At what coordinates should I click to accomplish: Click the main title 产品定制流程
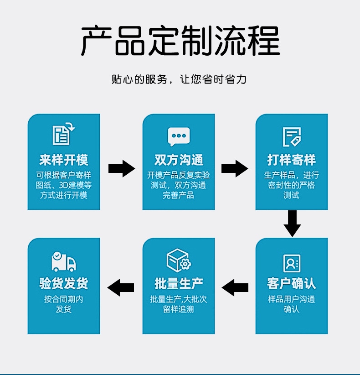pyautogui.click(x=180, y=41)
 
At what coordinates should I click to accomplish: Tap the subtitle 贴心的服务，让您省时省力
pyautogui.click(x=179, y=79)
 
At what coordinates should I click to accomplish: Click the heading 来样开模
pyautogui.click(x=64, y=160)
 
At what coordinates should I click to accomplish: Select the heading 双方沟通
pyautogui.click(x=179, y=160)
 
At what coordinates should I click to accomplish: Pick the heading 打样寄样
pyautogui.click(x=292, y=160)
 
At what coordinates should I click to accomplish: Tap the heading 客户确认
pyautogui.click(x=292, y=283)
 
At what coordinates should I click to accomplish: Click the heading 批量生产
pyautogui.click(x=179, y=283)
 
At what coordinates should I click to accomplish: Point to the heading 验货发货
pyautogui.click(x=64, y=283)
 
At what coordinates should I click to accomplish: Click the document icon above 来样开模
pyautogui.click(x=63, y=134)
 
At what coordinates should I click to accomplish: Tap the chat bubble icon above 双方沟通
pyautogui.click(x=179, y=136)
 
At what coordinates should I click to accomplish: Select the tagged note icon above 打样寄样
pyautogui.click(x=292, y=137)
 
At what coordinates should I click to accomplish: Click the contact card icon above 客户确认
pyautogui.click(x=292, y=263)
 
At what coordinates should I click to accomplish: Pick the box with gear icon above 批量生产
pyautogui.click(x=179, y=260)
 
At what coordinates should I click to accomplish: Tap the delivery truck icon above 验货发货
pyautogui.click(x=63, y=261)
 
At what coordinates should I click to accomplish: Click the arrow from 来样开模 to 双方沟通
pyautogui.click(x=122, y=169)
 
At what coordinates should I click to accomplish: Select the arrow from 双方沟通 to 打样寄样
pyautogui.click(x=235, y=169)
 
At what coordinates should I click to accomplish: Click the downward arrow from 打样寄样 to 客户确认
pyautogui.click(x=292, y=224)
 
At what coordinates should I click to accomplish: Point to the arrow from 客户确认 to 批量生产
pyautogui.click(x=235, y=287)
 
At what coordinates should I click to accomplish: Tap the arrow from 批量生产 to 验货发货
pyautogui.click(x=121, y=287)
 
